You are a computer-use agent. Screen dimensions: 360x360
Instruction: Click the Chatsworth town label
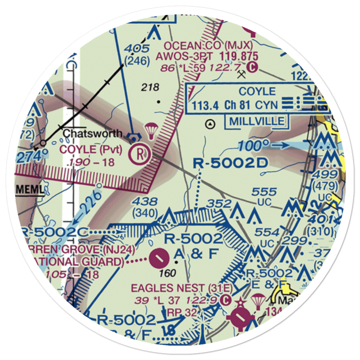pyautogui.click(x=93, y=134)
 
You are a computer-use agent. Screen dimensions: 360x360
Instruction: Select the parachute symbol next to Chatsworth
pyautogui.click(x=151, y=130)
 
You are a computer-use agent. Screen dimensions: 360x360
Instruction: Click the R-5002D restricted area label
pyautogui.click(x=230, y=164)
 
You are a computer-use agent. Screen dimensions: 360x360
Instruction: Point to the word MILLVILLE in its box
pyautogui.click(x=257, y=121)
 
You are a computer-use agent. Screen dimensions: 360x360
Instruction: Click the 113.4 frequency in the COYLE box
pyautogui.click(x=205, y=105)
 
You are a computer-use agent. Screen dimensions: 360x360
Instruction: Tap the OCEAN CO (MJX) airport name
pyautogui.click(x=209, y=46)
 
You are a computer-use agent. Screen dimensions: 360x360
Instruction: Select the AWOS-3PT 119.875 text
pyautogui.click(x=207, y=57)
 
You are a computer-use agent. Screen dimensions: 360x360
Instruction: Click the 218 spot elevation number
pyautogui.click(x=150, y=87)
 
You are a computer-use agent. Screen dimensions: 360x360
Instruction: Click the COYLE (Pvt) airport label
pyautogui.click(x=91, y=149)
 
